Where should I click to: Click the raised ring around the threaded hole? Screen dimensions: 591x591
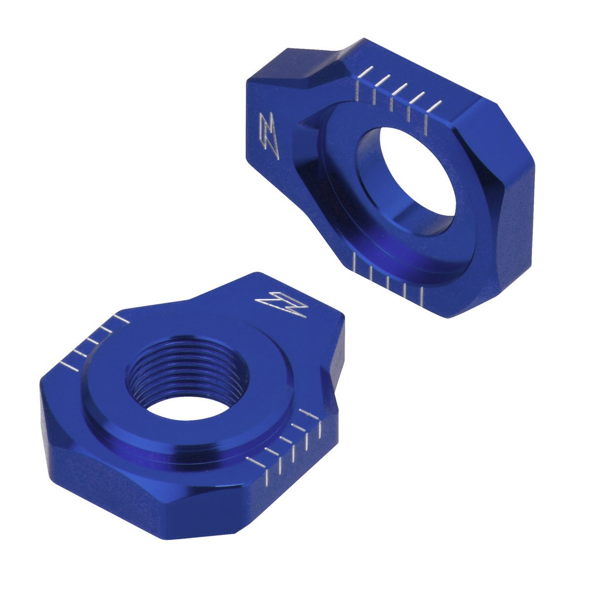(x=115, y=404)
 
